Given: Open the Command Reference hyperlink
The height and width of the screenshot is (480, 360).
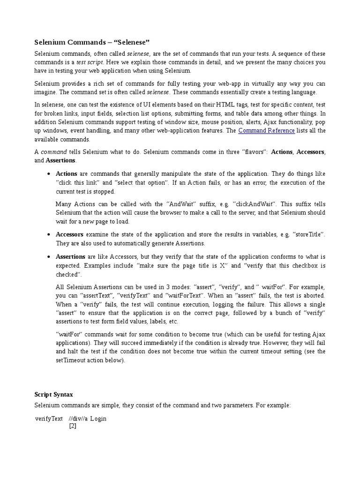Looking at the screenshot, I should tap(266, 131).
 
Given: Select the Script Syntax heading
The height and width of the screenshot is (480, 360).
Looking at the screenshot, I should tap(54, 395).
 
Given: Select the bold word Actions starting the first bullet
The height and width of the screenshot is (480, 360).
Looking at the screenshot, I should tap(66, 174).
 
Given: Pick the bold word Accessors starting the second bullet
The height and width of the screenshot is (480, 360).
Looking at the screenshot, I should tap(69, 234).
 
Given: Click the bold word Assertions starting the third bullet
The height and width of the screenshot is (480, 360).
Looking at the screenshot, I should tap(70, 257).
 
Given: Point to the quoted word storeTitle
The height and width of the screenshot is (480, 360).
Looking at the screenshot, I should tap(308, 234).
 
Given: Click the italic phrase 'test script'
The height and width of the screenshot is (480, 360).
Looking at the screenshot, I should tap(90, 62).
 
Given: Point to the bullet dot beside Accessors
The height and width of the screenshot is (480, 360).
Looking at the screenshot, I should tap(49, 235).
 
